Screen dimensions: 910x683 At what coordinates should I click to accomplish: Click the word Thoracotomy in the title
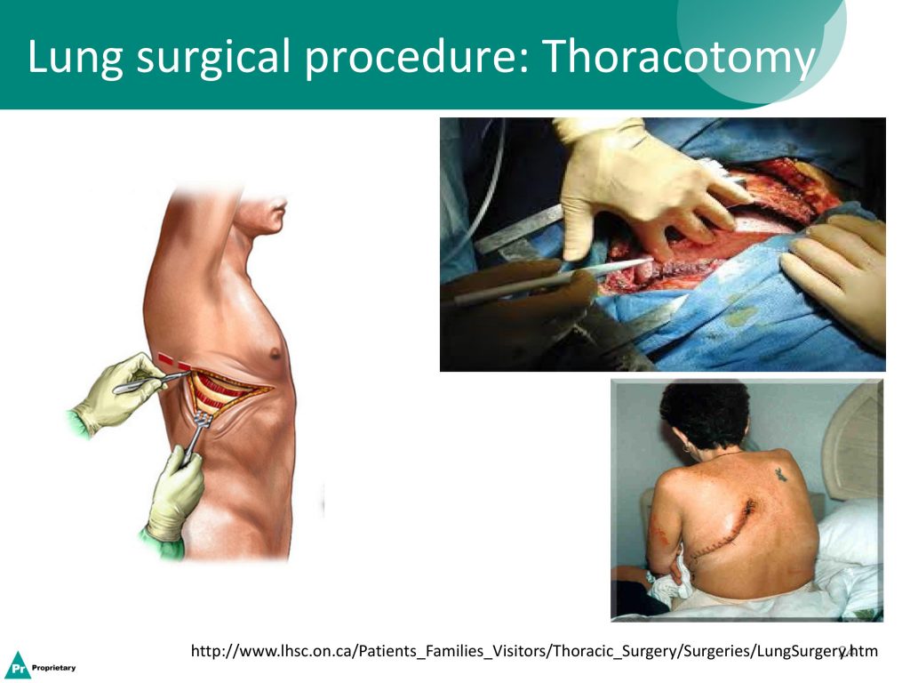pos(677,57)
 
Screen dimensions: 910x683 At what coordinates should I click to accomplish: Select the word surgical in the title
pos(213,58)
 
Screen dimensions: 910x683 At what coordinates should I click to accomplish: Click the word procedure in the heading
pos(417,58)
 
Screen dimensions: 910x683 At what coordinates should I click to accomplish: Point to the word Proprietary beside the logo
pos(54,668)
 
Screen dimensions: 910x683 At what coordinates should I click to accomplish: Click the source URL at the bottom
pos(534,651)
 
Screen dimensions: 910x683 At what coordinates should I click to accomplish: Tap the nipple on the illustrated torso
pos(275,353)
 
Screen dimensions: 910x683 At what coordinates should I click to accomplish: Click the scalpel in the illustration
pos(151,382)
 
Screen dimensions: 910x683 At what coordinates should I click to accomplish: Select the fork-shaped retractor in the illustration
pos(195,436)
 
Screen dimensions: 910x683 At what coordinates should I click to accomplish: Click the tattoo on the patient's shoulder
pos(781,475)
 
